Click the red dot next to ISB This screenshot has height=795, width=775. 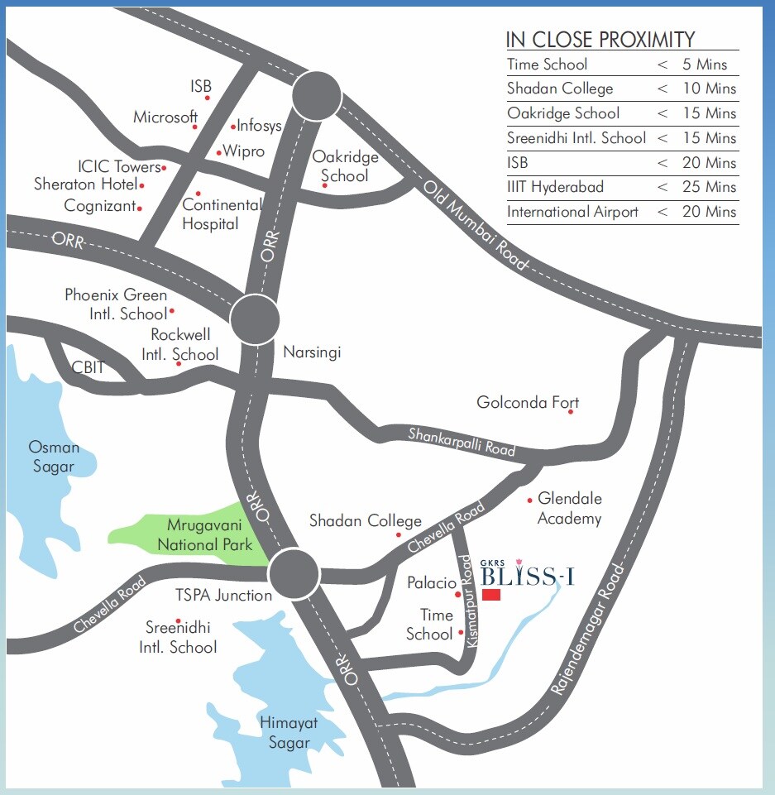[x=208, y=98]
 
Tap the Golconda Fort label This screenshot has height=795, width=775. [x=527, y=403]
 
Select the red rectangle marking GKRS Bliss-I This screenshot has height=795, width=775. [x=492, y=596]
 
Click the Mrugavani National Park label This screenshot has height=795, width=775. [x=204, y=535]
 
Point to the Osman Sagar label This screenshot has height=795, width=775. [x=54, y=457]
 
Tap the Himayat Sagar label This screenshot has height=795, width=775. [x=289, y=732]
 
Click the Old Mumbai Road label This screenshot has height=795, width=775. [x=475, y=223]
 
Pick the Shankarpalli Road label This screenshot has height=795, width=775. [x=462, y=442]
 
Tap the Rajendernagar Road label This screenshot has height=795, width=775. [x=589, y=630]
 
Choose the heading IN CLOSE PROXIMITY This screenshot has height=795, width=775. [x=600, y=39]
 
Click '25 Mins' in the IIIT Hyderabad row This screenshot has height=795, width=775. [x=709, y=187]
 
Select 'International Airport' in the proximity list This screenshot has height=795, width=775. [x=572, y=212]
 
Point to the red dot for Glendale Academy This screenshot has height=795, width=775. [x=529, y=500]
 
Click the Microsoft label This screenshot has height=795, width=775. [x=165, y=117]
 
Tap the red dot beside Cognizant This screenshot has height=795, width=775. [x=140, y=208]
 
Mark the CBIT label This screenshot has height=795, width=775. [x=88, y=366]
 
